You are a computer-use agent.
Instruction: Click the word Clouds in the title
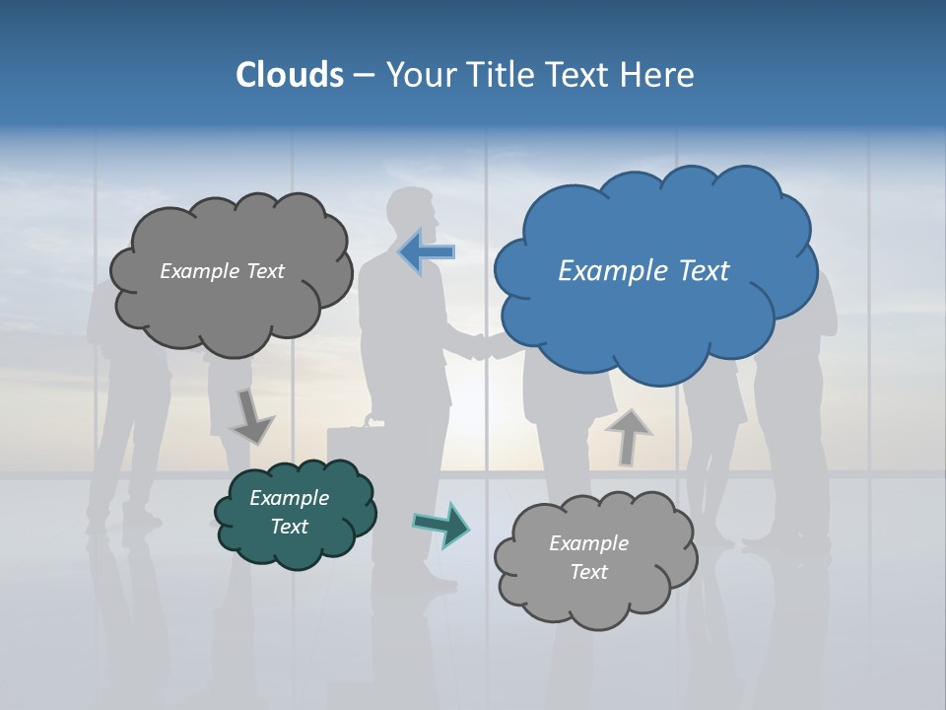click(x=290, y=75)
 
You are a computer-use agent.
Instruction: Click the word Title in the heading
click(x=500, y=75)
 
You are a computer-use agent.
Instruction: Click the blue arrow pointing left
click(x=426, y=251)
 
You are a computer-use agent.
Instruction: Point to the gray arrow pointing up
click(x=629, y=436)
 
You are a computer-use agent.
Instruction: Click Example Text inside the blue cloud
click(x=643, y=270)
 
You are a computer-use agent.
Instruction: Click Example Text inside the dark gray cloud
click(x=222, y=271)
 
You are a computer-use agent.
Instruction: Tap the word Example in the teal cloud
click(x=289, y=498)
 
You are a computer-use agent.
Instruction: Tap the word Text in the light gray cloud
click(x=588, y=572)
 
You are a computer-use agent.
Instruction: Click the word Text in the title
click(x=581, y=75)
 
